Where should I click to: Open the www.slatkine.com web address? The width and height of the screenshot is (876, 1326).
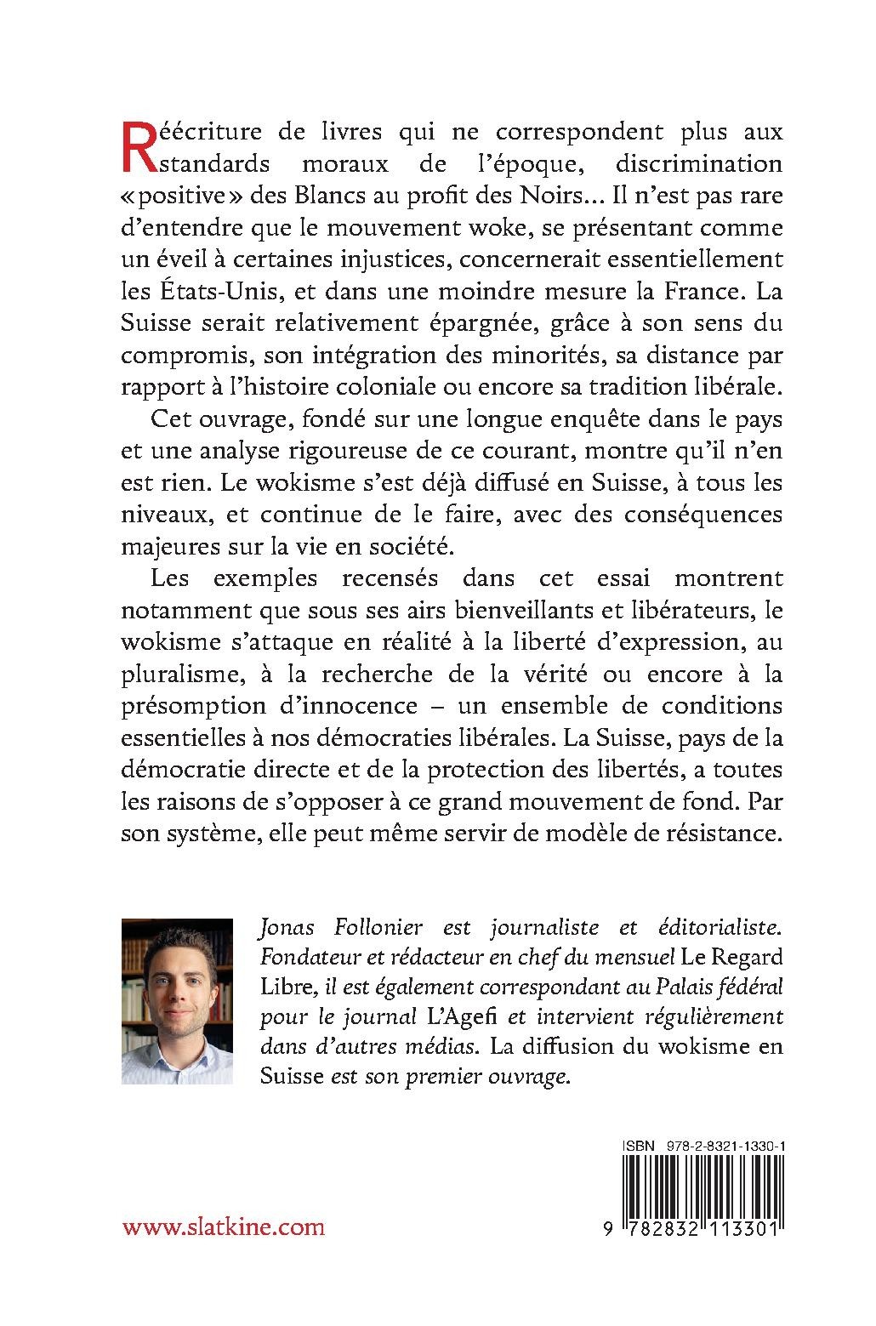(224, 1226)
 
